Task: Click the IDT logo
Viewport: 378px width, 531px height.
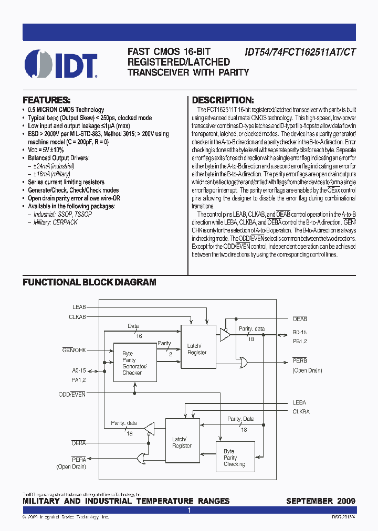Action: click(x=61, y=64)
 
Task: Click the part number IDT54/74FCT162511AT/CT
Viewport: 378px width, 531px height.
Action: click(x=300, y=52)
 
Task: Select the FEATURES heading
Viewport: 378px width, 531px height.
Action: click(x=47, y=100)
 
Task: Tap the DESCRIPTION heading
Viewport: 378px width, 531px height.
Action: click(x=223, y=100)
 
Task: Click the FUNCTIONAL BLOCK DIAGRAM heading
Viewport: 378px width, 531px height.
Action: click(x=89, y=282)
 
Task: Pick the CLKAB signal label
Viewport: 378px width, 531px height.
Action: click(x=77, y=316)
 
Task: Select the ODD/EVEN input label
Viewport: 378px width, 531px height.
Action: click(x=72, y=394)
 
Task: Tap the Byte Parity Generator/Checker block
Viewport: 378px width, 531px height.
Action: click(x=135, y=363)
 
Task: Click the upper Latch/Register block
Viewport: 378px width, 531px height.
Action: click(x=197, y=349)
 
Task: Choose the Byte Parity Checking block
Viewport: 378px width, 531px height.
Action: click(x=235, y=458)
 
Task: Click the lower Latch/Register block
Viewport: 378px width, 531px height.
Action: click(x=182, y=442)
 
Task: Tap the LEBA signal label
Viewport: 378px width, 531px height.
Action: click(x=300, y=403)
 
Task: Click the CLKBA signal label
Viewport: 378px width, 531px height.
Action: click(x=301, y=412)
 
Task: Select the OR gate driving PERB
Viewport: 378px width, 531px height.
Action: click(x=244, y=363)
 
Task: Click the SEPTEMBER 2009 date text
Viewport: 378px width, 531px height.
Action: click(x=320, y=501)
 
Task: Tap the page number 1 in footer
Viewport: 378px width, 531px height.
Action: click(x=189, y=510)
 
